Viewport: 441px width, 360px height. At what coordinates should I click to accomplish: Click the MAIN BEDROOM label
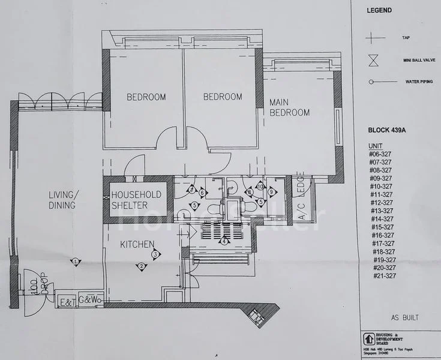(x=289, y=107)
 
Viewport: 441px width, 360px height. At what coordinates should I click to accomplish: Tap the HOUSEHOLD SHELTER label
(x=136, y=200)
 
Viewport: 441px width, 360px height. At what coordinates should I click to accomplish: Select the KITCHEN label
(x=138, y=244)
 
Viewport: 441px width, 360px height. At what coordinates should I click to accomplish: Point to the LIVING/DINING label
(x=62, y=200)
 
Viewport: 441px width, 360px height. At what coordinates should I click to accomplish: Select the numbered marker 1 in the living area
(x=76, y=262)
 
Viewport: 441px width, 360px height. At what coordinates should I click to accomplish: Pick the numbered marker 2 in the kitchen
(x=142, y=266)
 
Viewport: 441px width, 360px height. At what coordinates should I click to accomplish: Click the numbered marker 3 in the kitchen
(x=155, y=255)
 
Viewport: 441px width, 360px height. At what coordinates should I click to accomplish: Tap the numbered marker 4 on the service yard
(x=224, y=241)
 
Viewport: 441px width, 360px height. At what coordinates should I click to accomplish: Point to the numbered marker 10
(x=260, y=186)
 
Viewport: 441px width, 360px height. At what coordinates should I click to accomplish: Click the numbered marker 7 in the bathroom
(x=191, y=190)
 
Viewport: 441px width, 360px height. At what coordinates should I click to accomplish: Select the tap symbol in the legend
(x=376, y=37)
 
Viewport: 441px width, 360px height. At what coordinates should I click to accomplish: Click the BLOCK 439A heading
(x=389, y=129)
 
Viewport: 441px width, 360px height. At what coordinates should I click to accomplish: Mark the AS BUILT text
(x=404, y=317)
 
